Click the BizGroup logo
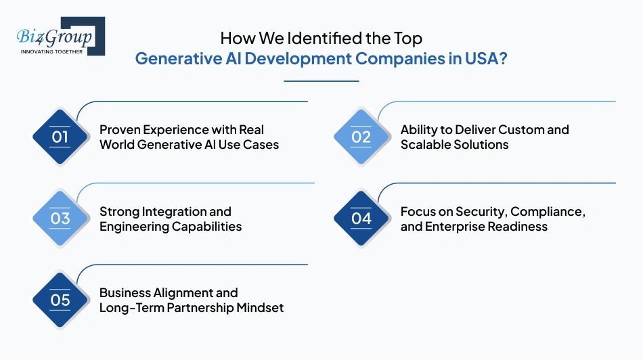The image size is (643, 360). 60,35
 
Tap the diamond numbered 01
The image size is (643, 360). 60,137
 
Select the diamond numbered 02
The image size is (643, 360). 361,137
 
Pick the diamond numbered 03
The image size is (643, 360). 60,219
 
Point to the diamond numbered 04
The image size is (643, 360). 361,219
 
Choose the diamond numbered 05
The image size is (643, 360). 60,300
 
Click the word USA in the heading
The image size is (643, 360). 481,58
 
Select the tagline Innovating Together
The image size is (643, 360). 51,51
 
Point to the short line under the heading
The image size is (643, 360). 321,81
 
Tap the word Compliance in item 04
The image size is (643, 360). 548,212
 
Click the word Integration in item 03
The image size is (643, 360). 169,212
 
